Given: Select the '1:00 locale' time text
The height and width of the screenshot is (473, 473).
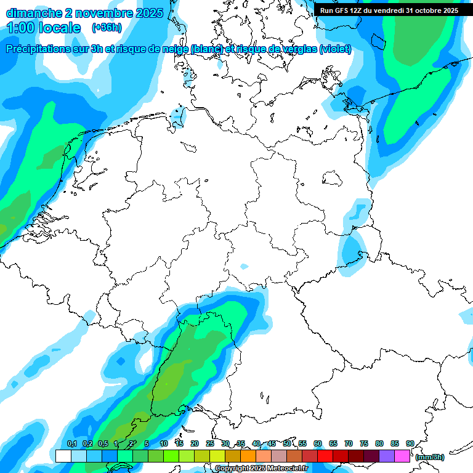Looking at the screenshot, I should [x=44, y=28].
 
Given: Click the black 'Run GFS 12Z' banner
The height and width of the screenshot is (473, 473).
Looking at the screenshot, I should [x=389, y=10].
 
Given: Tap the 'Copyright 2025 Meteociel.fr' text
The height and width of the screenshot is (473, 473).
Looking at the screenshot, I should [x=261, y=469].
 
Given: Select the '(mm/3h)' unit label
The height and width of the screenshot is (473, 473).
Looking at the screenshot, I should [x=430, y=457].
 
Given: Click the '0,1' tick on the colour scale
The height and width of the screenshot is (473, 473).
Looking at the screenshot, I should [x=71, y=444].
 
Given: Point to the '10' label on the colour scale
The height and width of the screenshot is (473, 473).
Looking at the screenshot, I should [x=164, y=444].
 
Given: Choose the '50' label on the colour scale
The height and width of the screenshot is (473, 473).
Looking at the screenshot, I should [x=287, y=444].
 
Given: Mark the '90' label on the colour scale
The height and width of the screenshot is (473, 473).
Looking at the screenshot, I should [x=410, y=444].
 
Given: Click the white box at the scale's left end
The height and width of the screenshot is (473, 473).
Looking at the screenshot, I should [x=63, y=456].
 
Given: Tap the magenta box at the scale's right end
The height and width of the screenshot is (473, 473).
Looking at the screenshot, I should [x=402, y=456].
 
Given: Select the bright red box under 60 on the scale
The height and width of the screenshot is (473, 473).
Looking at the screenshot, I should [x=325, y=456].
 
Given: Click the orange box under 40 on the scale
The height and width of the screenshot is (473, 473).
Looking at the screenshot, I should [x=248, y=456].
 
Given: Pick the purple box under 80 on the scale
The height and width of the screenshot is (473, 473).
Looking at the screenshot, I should [x=387, y=456].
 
